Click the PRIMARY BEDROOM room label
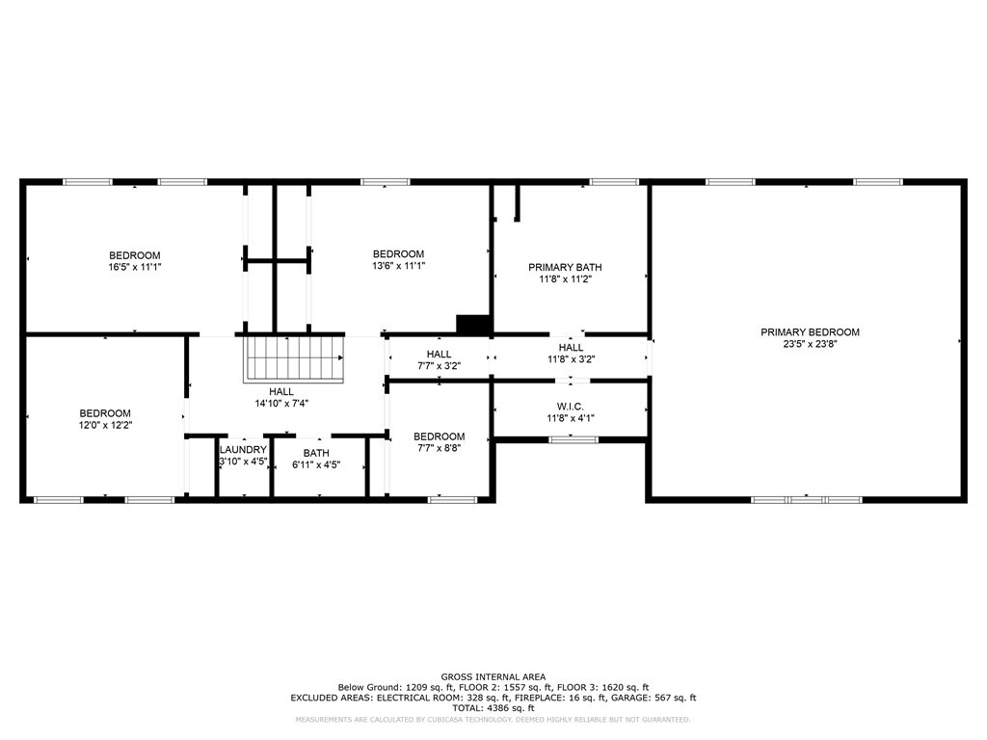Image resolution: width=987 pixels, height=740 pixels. (x=810, y=332)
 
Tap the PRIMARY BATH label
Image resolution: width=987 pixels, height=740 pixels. (x=571, y=267)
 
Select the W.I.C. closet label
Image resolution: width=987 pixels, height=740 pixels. (x=571, y=407)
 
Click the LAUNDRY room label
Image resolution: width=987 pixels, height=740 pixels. (x=243, y=450)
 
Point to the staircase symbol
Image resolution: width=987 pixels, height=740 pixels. (x=295, y=357)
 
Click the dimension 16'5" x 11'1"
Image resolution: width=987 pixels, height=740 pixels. (x=134, y=267)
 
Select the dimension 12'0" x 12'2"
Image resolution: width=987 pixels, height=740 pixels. (x=104, y=425)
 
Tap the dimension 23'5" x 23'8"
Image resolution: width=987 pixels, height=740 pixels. (x=810, y=344)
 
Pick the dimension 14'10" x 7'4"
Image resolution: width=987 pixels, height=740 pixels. (x=281, y=403)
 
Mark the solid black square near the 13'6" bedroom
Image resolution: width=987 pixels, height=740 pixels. (x=473, y=325)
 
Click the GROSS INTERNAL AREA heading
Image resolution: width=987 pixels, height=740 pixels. (x=493, y=676)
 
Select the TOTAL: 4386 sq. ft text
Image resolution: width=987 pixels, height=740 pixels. (x=493, y=708)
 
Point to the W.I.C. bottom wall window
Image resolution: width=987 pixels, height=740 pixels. (x=573, y=439)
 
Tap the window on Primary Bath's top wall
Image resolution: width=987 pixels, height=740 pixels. (x=614, y=181)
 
